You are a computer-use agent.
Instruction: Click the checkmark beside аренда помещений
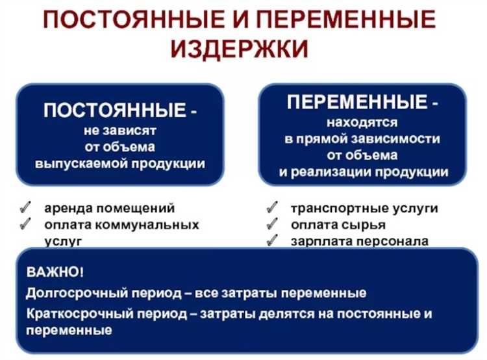pyautogui.click(x=26, y=209)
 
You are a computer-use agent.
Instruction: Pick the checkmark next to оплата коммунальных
pyautogui.click(x=26, y=225)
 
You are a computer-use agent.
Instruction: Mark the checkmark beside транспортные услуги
pyautogui.click(x=272, y=209)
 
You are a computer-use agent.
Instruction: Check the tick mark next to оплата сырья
pyautogui.click(x=272, y=225)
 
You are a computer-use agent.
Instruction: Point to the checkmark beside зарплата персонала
pyautogui.click(x=272, y=241)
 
